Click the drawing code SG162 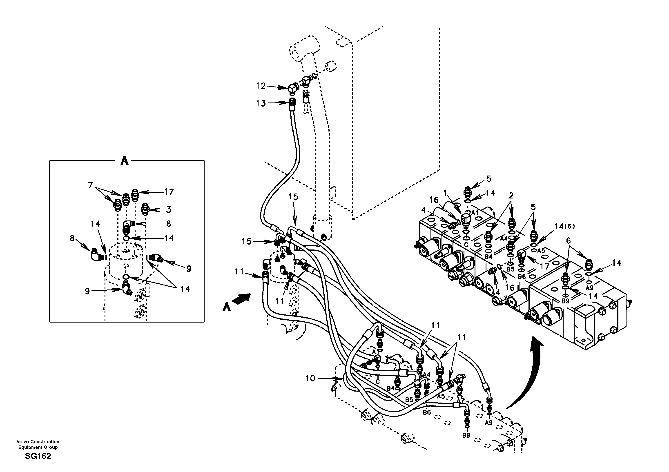tap(38, 456)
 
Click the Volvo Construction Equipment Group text tap(38, 444)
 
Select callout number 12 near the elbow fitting tap(261, 86)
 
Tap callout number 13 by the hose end tap(261, 103)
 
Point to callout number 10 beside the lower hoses tap(310, 378)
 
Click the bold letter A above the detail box tap(124, 160)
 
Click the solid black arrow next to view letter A tap(242, 299)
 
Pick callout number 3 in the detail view tap(169, 209)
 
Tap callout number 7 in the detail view tap(90, 185)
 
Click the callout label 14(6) tap(564, 226)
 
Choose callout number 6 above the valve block tap(568, 241)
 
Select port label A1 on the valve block tap(475, 212)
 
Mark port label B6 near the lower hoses tap(427, 412)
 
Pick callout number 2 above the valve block tap(511, 196)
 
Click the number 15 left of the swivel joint tap(247, 242)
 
